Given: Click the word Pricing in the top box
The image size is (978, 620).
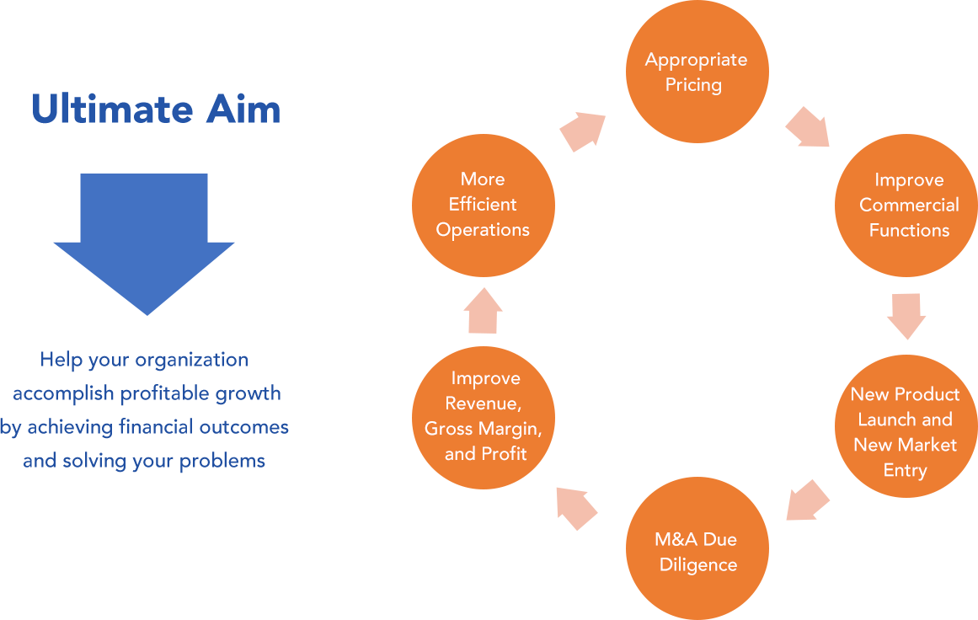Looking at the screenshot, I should pyautogui.click(x=693, y=85).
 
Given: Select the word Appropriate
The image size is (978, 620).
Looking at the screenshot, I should pyautogui.click(x=696, y=60).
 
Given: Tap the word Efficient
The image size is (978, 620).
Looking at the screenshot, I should pyautogui.click(x=483, y=205).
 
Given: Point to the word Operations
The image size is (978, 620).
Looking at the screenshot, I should pyautogui.click(x=483, y=230).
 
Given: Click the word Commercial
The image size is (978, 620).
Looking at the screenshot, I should pyautogui.click(x=909, y=206).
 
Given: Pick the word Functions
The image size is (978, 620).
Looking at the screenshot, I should pyautogui.click(x=909, y=231).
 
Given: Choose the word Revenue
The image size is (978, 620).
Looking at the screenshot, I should pyautogui.click(x=483, y=404).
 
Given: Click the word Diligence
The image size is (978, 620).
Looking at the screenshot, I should pyautogui.click(x=697, y=565).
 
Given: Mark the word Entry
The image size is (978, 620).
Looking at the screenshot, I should pyautogui.click(x=905, y=470).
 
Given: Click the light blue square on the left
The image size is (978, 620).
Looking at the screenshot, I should pyautogui.click(x=144, y=244).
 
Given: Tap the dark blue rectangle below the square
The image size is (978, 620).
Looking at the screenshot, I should pyautogui.click(x=141, y=411).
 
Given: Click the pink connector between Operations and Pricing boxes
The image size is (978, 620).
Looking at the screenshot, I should pyautogui.click(x=582, y=132).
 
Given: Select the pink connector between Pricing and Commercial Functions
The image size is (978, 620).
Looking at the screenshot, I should pyautogui.click(x=807, y=126).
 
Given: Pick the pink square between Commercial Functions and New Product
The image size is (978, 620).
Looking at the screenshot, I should pyautogui.click(x=906, y=317).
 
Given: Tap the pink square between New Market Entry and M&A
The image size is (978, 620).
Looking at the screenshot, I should pyautogui.click(x=808, y=500).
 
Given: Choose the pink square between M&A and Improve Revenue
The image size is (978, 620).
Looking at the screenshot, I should pyautogui.click(x=577, y=509).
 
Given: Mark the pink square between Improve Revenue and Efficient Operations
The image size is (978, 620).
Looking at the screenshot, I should pyautogui.click(x=484, y=310).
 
